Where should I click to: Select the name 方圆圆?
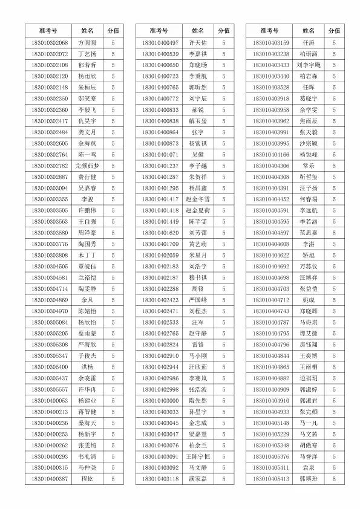coord(87,43)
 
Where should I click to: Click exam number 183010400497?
coord(161,43)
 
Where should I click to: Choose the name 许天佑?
coord(198,43)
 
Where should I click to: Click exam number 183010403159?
coord(272,43)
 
